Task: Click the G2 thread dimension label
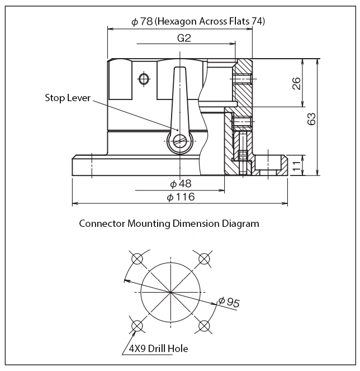[x=184, y=38]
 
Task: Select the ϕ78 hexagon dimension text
[x=198, y=21]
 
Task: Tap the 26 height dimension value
[x=296, y=83]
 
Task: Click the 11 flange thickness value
[x=297, y=165]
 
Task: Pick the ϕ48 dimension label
[x=180, y=184]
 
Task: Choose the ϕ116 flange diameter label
[x=181, y=197]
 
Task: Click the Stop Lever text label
[x=67, y=98]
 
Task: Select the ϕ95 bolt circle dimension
[x=229, y=303]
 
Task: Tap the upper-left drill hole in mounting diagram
[x=136, y=259]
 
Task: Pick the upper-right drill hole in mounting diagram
[x=205, y=259]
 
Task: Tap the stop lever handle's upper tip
[x=179, y=70]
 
